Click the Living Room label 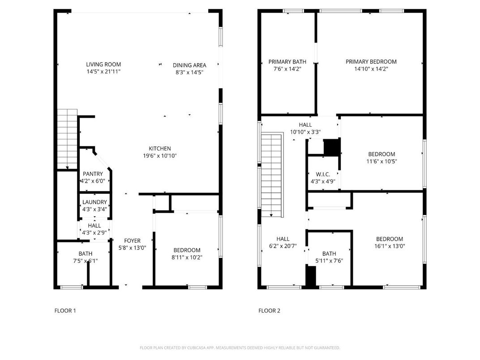(x=103, y=64)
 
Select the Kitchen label (x=160, y=149)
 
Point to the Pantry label (x=93, y=174)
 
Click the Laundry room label (x=94, y=202)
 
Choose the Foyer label (x=132, y=240)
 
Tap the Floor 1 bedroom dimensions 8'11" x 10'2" (x=187, y=257)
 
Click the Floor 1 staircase (x=67, y=139)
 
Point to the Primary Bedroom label (x=371, y=62)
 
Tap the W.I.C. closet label (x=323, y=174)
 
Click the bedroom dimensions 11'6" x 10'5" (x=382, y=162)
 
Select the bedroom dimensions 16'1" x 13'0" (x=389, y=246)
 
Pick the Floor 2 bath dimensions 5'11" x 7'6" (x=329, y=261)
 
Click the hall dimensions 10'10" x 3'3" (x=305, y=132)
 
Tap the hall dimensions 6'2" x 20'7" (x=283, y=246)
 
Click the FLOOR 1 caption (x=65, y=310)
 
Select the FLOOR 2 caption (x=269, y=310)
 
